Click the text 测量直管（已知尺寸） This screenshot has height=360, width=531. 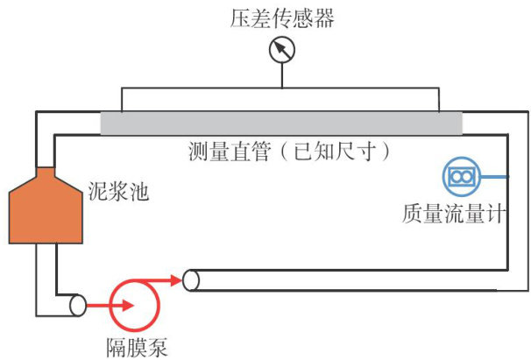288,150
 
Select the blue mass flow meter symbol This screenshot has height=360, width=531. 460,176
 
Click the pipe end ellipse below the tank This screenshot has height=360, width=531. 78,306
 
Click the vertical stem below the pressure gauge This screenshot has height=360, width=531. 282,75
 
